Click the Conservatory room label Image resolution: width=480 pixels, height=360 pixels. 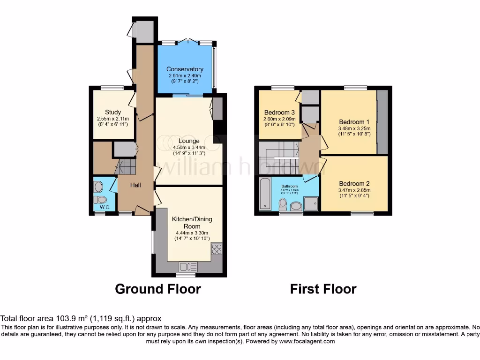point(185,69)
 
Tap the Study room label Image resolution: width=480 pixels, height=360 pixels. point(113,112)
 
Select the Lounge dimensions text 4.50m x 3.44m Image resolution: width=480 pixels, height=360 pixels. point(189,147)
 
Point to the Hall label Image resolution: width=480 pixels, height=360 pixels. point(135,185)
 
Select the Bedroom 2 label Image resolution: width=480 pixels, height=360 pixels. point(354,183)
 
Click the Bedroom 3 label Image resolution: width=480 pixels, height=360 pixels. point(279,112)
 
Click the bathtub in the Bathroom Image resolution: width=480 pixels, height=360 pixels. point(265,194)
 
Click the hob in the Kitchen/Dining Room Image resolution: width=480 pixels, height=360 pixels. point(217,248)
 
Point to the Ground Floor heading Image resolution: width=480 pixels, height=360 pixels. point(158,289)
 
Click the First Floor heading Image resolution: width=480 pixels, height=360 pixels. point(323,289)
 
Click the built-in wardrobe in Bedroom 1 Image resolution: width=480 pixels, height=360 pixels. point(382,122)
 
